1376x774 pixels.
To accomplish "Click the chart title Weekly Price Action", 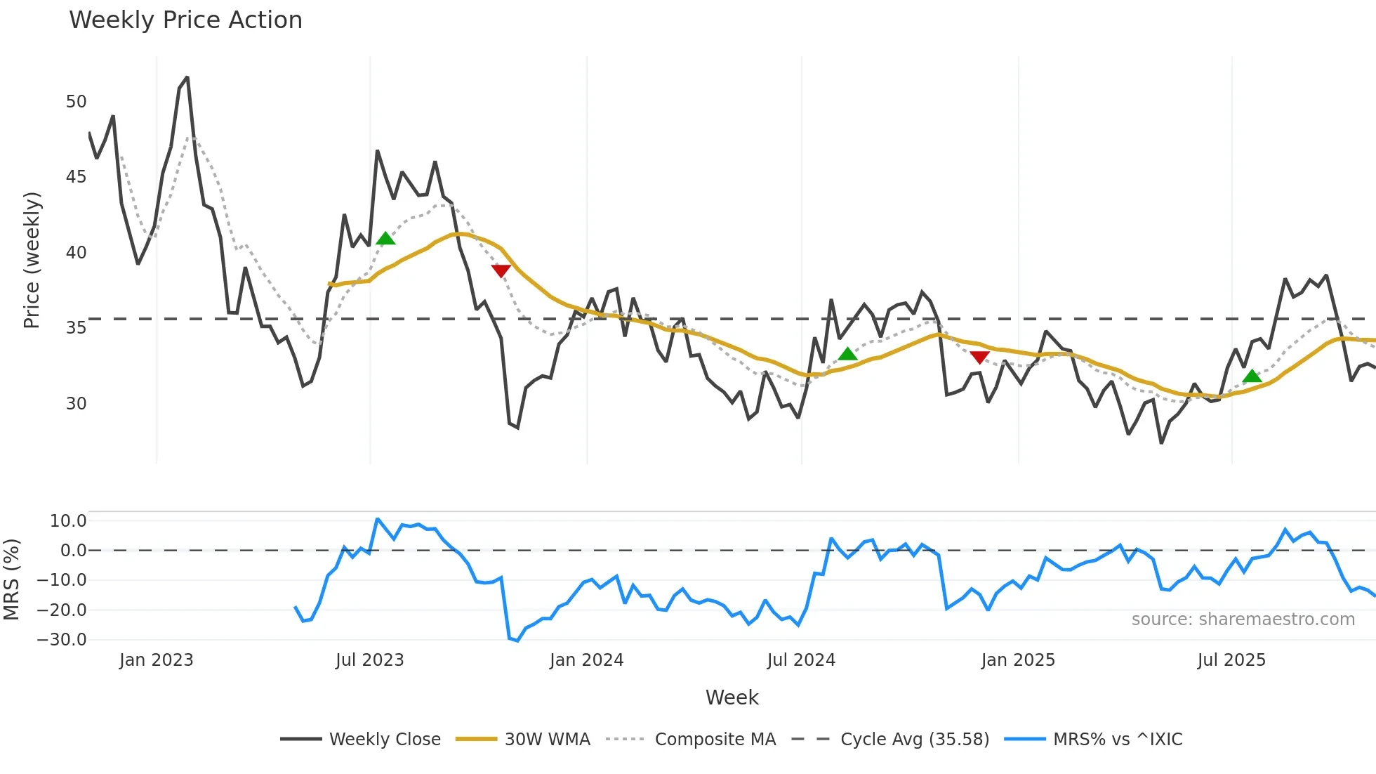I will tap(185, 20).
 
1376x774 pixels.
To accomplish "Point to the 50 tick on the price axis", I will tap(77, 102).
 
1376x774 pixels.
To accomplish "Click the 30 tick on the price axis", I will tap(77, 404).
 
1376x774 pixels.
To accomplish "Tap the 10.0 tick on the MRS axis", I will tap(68, 521).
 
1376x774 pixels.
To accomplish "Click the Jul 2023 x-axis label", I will tap(370, 660).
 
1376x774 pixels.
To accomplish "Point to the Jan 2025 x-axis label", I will tap(1018, 660).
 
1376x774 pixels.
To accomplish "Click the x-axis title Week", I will tap(732, 697).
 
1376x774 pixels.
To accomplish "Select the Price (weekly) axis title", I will tap(32, 260).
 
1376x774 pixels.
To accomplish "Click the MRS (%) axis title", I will tap(11, 579).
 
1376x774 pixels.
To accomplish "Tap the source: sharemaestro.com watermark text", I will tap(1243, 619).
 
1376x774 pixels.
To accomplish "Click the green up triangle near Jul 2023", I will tap(385, 239).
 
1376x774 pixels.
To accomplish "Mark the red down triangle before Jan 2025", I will tap(979, 358).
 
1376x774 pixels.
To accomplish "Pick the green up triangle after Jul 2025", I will tap(1252, 376).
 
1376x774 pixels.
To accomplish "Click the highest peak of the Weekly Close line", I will tap(187, 77).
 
